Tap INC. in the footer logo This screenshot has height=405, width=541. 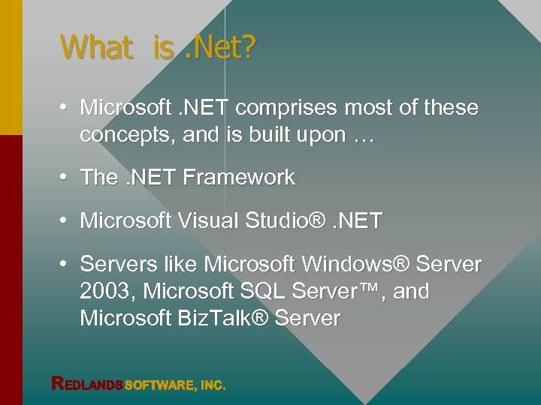tap(213, 385)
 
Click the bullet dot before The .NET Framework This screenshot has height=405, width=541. tap(66, 178)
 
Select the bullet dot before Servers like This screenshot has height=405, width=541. tap(66, 265)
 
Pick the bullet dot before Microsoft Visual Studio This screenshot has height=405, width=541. tap(66, 221)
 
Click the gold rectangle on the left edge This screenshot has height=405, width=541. tap(11, 67)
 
